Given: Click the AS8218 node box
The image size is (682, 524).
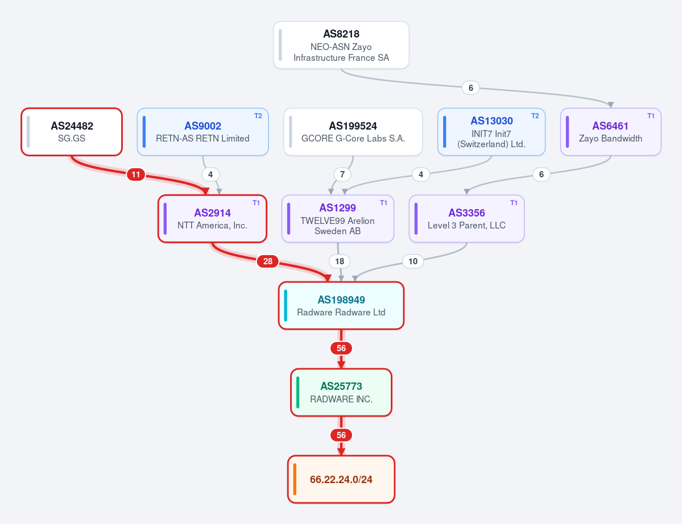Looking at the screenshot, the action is [341, 45].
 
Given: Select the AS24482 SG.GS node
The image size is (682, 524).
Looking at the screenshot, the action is [72, 132].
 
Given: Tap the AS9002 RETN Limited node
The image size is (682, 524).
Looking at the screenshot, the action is [202, 132].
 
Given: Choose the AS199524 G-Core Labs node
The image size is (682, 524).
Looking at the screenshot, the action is [353, 132].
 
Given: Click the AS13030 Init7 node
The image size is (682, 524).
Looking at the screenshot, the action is [491, 132].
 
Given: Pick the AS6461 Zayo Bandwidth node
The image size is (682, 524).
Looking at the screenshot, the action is [611, 132].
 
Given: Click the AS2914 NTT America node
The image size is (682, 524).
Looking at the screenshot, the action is [212, 219].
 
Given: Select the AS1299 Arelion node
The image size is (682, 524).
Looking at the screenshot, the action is [337, 219].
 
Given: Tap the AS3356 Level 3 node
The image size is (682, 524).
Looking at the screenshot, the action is [466, 219].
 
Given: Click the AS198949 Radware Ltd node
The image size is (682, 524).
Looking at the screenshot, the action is [341, 305].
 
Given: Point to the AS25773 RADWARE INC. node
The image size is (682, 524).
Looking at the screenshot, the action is [341, 392].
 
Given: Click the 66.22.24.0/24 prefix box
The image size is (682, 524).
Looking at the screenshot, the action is [341, 479].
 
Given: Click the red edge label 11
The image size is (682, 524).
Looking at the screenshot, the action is [136, 174].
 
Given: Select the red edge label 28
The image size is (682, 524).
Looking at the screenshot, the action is [267, 261].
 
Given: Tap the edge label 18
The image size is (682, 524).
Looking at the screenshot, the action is [340, 261].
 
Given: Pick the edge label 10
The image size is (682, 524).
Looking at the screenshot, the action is [413, 261].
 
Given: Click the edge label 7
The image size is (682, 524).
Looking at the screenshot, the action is [342, 174].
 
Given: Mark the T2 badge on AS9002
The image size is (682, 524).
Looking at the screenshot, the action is [258, 115].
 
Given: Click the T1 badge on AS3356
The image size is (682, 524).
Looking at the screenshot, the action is [514, 202].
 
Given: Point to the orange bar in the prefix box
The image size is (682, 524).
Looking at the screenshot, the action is [295, 479].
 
